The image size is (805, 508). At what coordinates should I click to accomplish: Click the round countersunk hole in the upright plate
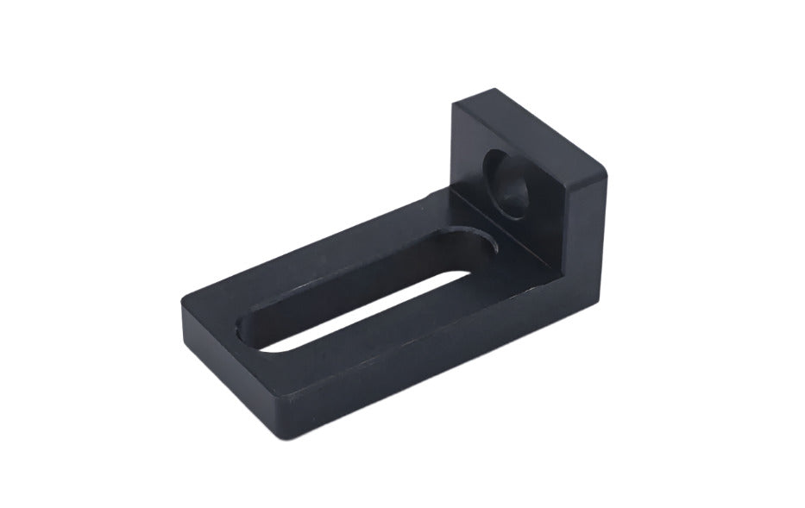click(510, 179)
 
